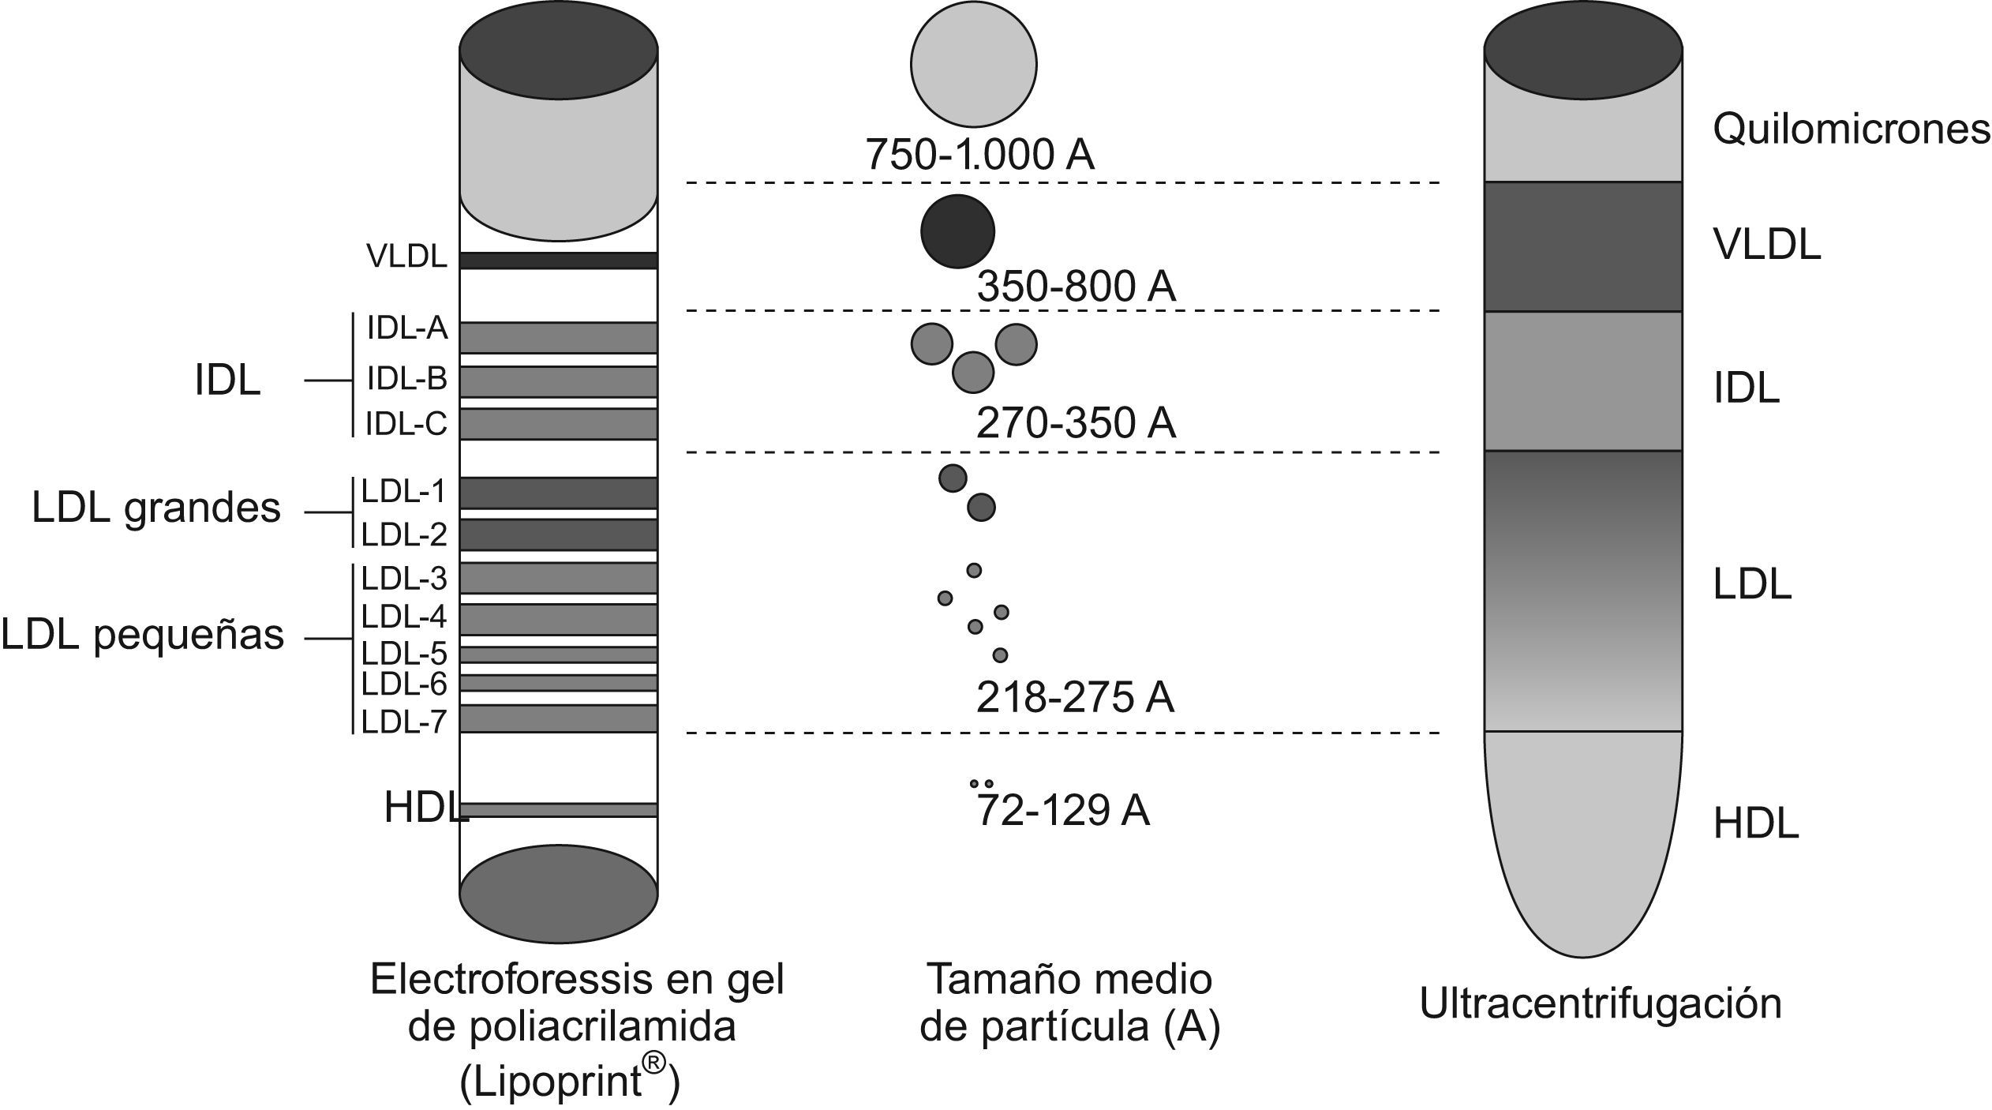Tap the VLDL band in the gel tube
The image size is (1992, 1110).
coord(559,261)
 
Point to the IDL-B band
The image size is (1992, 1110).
coord(559,381)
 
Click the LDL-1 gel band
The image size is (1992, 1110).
coord(559,493)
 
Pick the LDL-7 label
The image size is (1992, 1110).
coord(404,722)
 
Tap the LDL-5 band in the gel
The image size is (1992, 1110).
coord(559,654)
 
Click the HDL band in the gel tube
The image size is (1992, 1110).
coord(559,810)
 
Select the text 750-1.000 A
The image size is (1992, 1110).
coord(980,154)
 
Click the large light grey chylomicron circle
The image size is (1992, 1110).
coord(973,64)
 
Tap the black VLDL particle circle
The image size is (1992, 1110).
coord(957,231)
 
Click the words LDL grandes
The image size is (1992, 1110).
coord(156,508)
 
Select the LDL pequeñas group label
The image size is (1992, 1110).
coord(143,636)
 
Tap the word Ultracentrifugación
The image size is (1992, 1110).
coord(1601,1004)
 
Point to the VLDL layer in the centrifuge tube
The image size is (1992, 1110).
coord(1582,246)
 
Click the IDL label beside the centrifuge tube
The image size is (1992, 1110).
coord(1746,388)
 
